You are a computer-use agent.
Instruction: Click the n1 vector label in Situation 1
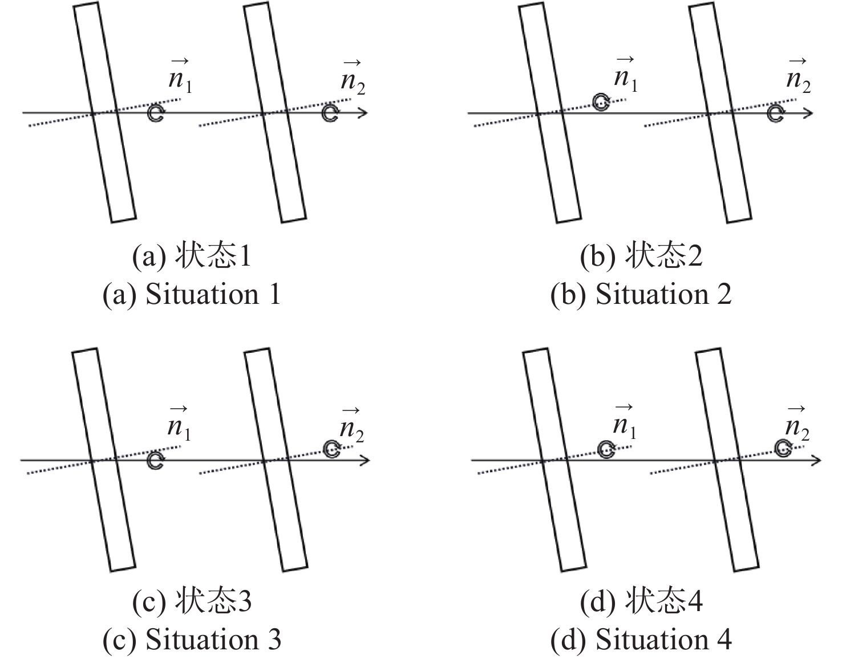pos(180,76)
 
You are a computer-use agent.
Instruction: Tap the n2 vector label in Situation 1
pos(353,78)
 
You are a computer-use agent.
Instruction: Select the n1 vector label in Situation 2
pos(626,76)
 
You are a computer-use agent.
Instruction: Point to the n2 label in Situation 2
pos(798,78)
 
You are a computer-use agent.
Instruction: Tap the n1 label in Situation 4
pos(625,423)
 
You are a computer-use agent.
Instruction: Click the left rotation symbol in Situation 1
pos(155,113)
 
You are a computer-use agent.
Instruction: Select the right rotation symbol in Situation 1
pos(329,113)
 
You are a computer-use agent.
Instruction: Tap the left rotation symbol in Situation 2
pos(601,102)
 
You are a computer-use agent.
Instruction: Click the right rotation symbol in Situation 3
pos(331,449)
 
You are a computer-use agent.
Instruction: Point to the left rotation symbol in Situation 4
pos(606,449)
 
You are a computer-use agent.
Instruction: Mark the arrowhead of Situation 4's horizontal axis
pos(816,459)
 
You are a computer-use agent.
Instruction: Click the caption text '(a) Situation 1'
pos(192,295)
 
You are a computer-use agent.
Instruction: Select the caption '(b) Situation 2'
pos(641,295)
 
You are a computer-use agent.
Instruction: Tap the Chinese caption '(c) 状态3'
pos(192,602)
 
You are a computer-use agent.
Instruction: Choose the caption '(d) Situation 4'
pos(641,640)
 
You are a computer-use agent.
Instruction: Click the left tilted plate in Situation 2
pos(550,113)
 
